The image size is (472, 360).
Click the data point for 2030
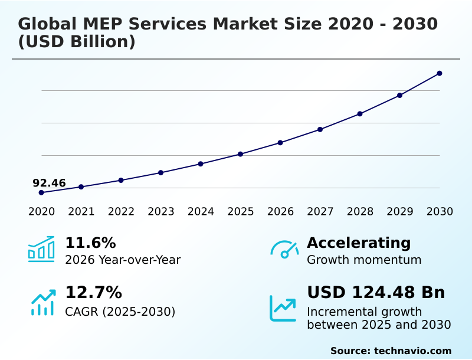[440, 73]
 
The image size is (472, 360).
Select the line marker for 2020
[41, 192]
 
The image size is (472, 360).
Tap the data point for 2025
[240, 154]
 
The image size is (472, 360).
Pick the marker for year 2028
[360, 113]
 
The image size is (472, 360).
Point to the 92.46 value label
[49, 183]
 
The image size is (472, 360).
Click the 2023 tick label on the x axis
[160, 211]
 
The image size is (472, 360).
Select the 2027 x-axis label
[320, 211]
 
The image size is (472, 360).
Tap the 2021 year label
[81, 211]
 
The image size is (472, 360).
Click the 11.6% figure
[90, 243]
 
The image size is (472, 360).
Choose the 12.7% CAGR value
[93, 293]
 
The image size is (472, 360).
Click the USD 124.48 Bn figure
[376, 293]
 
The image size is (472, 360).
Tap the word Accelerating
[359, 243]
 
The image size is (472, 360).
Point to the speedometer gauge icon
[284, 250]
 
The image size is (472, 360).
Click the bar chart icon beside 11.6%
[41, 249]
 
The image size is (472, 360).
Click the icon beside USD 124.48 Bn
[283, 308]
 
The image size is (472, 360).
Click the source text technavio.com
[412, 351]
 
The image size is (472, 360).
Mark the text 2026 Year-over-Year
[123, 260]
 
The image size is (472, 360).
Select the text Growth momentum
[364, 260]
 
